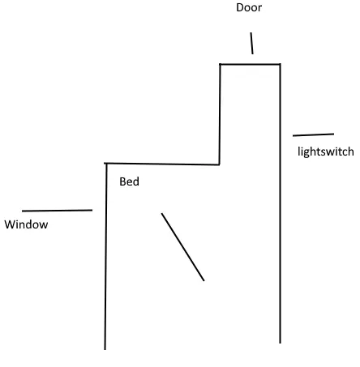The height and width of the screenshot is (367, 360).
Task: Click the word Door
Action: [x=249, y=7]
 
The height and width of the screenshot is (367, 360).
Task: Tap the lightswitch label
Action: [x=326, y=151]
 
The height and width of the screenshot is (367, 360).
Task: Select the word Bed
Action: [x=129, y=181]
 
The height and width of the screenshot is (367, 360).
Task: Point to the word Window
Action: [x=26, y=224]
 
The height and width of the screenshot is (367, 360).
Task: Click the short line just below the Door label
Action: [x=251, y=43]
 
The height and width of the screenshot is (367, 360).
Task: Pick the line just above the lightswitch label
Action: [x=313, y=134]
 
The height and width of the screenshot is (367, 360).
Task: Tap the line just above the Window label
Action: [x=57, y=211]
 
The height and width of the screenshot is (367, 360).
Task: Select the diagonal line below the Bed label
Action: [x=182, y=247]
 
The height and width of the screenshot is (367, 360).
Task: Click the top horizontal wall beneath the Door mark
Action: [x=250, y=64]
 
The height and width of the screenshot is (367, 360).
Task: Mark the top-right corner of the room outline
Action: [x=280, y=64]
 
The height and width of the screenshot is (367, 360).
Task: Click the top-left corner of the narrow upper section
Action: [x=220, y=64]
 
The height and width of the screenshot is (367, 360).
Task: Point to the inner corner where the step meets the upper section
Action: [x=219, y=164]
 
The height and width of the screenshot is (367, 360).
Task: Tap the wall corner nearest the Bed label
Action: [x=106, y=164]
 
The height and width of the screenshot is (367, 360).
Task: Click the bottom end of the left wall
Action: [x=105, y=349]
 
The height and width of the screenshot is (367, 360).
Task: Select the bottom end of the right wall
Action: [x=281, y=343]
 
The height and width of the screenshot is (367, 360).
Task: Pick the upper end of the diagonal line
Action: [x=161, y=213]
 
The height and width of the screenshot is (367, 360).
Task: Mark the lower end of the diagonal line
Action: [x=204, y=280]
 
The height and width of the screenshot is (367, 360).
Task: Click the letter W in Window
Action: [x=10, y=224]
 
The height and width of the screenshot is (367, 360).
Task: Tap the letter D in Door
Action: [x=239, y=7]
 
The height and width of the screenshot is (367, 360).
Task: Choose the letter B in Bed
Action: [x=122, y=181]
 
